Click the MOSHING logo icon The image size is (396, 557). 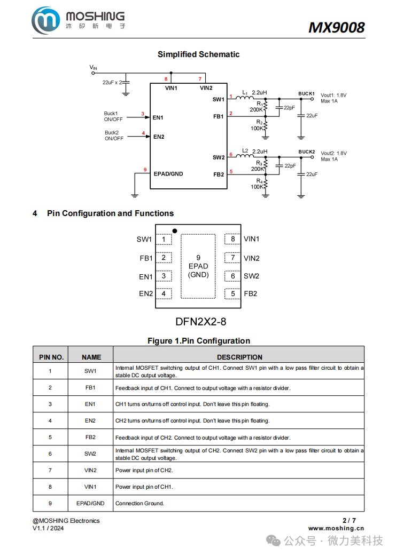[x=46, y=21]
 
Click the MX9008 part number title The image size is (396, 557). [x=336, y=27]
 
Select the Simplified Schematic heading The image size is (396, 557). [x=198, y=54]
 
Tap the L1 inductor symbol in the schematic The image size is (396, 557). [x=244, y=98]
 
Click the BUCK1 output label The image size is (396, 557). [x=306, y=94]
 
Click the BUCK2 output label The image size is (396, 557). [x=306, y=152]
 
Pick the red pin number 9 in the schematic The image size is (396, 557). [x=145, y=170]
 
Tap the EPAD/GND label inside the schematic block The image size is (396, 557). [x=168, y=174]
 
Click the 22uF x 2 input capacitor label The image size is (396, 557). [x=113, y=83]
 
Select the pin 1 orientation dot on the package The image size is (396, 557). [x=174, y=231]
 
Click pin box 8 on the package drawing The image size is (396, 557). [x=232, y=240]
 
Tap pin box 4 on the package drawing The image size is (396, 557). [x=164, y=293]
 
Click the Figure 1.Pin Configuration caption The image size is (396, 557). [x=198, y=341]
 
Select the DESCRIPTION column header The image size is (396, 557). [x=239, y=357]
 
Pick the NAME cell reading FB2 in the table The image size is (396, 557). [x=90, y=437]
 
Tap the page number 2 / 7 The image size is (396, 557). [x=348, y=520]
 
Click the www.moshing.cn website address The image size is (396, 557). [x=336, y=528]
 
